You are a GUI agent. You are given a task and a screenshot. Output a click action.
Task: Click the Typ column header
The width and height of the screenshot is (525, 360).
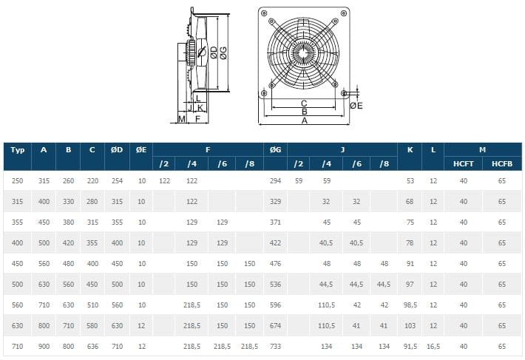(18, 149)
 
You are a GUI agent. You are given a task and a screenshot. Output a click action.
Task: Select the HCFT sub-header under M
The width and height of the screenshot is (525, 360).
(463, 163)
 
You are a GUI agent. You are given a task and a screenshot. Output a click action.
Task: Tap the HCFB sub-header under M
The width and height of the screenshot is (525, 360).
(502, 163)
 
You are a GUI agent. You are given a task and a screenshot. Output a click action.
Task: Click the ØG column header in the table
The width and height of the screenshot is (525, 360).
(275, 149)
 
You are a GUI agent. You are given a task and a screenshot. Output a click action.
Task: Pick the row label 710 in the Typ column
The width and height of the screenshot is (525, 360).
(18, 346)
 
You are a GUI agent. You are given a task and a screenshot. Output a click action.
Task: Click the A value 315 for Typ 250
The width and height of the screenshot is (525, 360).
(44, 180)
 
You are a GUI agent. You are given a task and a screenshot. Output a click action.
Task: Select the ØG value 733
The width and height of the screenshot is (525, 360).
(275, 346)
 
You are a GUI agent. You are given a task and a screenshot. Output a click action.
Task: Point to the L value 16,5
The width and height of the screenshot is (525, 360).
(433, 346)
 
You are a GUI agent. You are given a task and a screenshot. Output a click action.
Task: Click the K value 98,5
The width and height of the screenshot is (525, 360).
(410, 305)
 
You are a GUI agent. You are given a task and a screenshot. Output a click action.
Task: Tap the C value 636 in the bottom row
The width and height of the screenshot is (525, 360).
(92, 346)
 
